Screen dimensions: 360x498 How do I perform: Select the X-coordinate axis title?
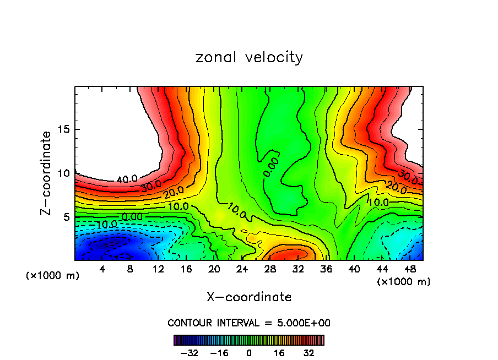tap(249, 297)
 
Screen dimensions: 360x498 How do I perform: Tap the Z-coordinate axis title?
tap(46, 173)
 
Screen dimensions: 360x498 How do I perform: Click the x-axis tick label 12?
tap(159, 270)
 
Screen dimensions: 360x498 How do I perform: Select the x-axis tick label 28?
tap(270, 270)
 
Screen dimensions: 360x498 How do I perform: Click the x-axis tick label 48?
tap(409, 270)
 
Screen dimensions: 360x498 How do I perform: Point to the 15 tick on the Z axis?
tap(64, 129)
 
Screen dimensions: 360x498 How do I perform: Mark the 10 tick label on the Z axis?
tap(64, 173)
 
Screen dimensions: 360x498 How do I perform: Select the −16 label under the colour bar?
tap(219, 353)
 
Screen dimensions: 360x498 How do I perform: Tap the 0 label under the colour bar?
tap(249, 353)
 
